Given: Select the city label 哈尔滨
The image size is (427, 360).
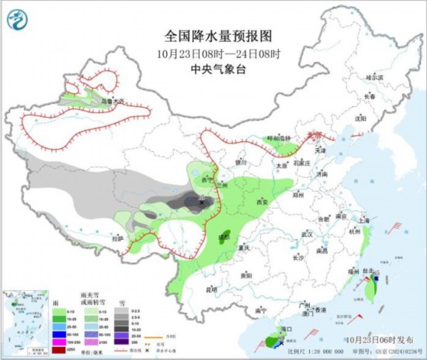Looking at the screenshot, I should click(374, 78).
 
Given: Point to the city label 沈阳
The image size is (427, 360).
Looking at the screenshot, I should click(359, 119).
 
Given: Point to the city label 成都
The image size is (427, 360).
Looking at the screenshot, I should click(224, 236).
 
